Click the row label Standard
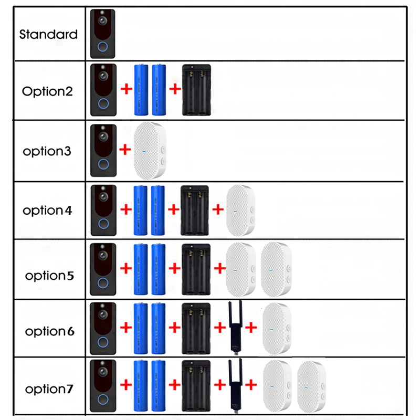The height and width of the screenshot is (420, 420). (x=48, y=35)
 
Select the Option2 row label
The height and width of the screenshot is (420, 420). (x=47, y=91)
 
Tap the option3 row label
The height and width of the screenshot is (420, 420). (x=47, y=151)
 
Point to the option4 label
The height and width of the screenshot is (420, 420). (x=47, y=211)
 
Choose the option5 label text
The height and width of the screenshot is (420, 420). (x=49, y=276)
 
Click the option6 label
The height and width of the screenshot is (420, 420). (x=50, y=331)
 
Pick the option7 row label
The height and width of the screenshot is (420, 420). (x=49, y=389)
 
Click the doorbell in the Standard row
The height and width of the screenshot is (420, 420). (x=102, y=34)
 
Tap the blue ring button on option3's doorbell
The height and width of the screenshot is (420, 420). (x=103, y=164)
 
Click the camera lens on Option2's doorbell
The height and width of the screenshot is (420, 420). (x=103, y=76)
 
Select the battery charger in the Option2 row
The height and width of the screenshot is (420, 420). (x=196, y=90)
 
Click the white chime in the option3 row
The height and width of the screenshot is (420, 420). (x=150, y=150)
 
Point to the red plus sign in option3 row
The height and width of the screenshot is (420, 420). (x=125, y=150)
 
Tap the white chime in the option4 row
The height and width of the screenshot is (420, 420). (x=240, y=211)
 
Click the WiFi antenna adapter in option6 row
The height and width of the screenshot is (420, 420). (x=235, y=328)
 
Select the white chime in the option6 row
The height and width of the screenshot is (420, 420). (x=277, y=329)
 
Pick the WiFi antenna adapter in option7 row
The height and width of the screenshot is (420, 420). (x=235, y=386)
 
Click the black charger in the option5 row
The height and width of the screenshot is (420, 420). (x=196, y=269)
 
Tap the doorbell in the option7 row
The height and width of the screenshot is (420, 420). (x=103, y=386)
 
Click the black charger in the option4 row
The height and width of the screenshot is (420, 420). (x=195, y=211)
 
